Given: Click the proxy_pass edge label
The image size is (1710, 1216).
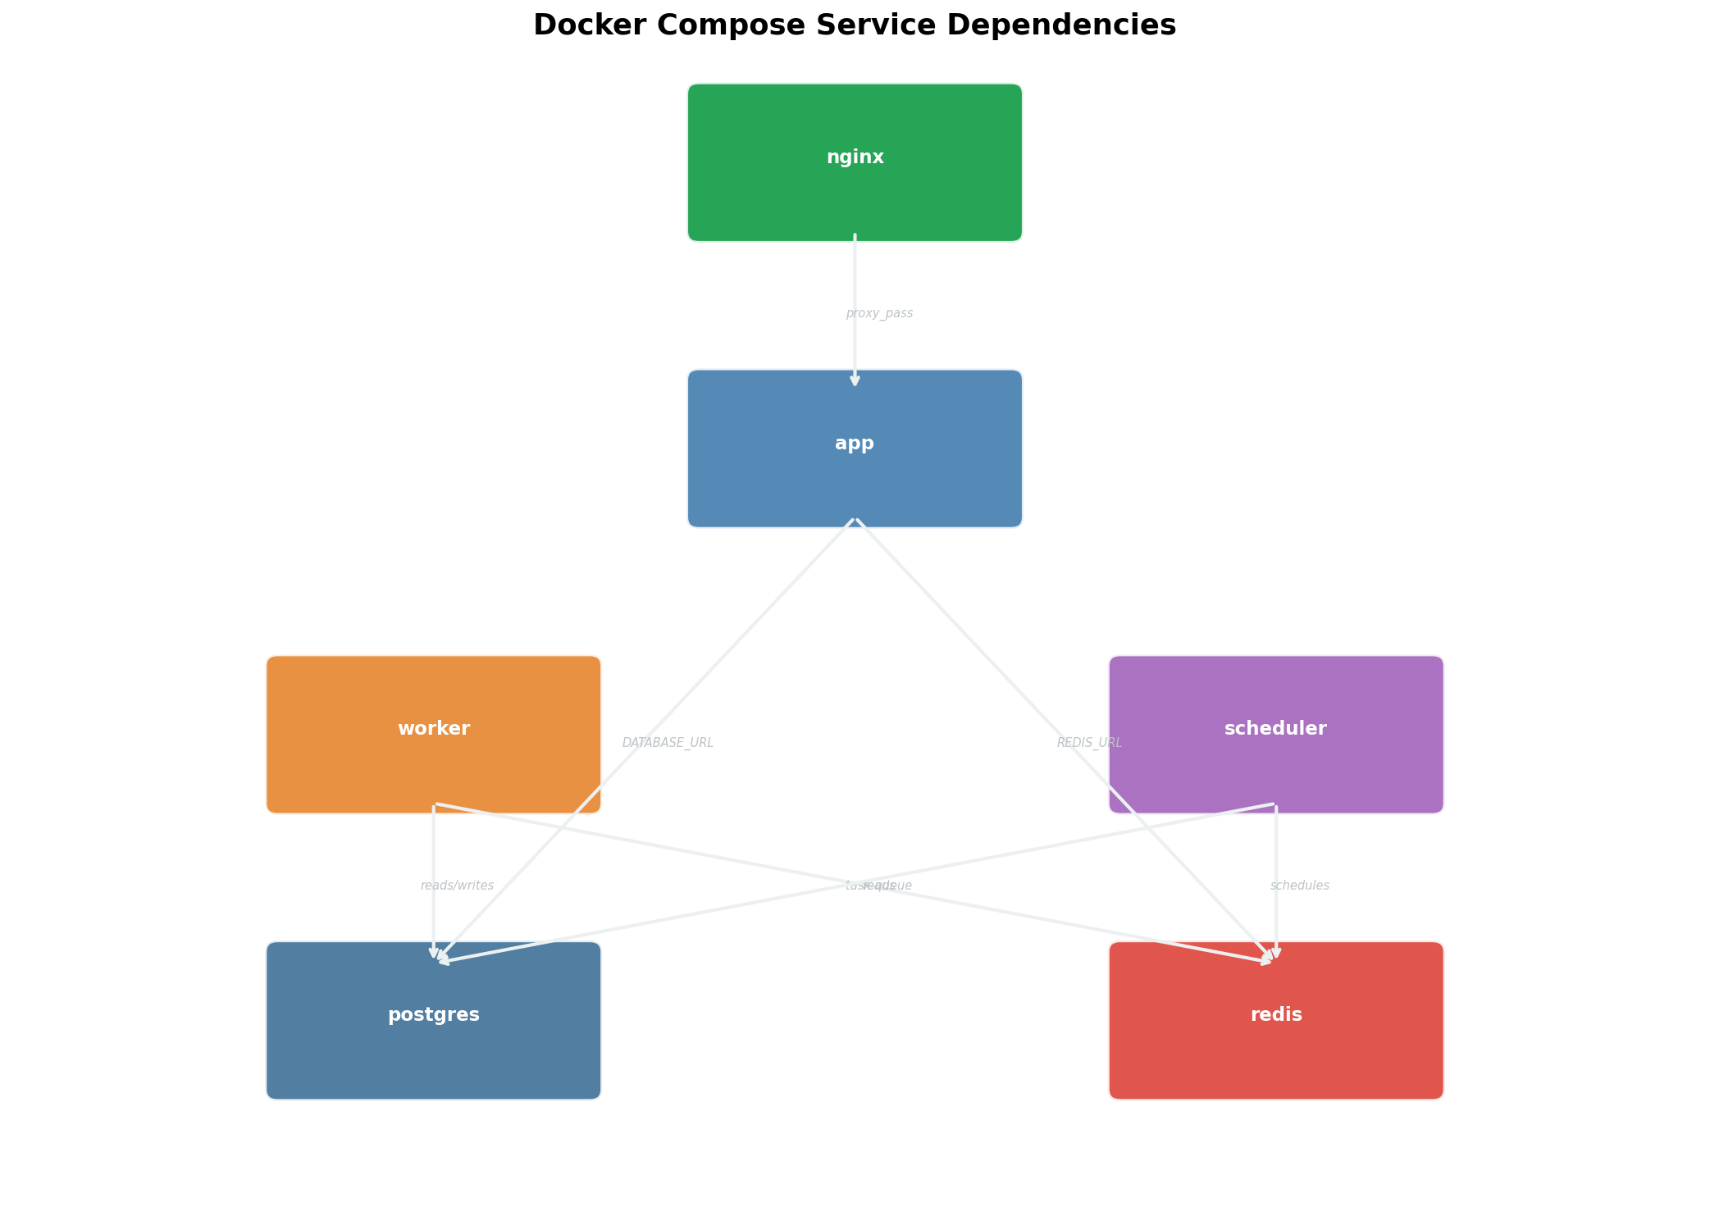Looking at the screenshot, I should pyautogui.click(x=879, y=313).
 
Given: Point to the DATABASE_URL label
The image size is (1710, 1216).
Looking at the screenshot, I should pyautogui.click(x=668, y=743).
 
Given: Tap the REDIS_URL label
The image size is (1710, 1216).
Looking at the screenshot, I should pyautogui.click(x=1089, y=743).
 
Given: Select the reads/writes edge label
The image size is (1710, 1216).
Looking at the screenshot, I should pyautogui.click(x=457, y=886).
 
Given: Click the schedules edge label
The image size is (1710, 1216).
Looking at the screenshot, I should pyautogui.click(x=1299, y=886).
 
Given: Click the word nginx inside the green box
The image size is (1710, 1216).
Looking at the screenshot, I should pyautogui.click(x=855, y=157).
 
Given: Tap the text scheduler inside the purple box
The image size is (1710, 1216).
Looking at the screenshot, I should pyautogui.click(x=1275, y=729).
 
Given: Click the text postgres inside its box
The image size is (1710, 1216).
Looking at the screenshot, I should pyautogui.click(x=433, y=1015).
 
